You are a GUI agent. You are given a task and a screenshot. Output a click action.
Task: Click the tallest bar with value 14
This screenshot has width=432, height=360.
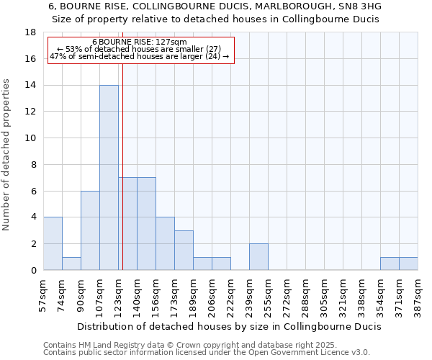tap(109, 177)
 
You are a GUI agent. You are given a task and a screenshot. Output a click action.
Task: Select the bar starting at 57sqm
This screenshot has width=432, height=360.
tap(53, 243)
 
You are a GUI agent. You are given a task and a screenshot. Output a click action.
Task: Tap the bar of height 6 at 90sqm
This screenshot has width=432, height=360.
tap(90, 230)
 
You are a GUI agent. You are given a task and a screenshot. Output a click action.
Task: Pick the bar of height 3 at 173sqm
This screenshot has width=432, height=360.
tap(184, 250)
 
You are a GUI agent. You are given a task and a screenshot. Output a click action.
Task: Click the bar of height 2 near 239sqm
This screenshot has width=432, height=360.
tap(258, 256)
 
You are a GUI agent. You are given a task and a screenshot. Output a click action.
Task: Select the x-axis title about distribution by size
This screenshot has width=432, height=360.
tap(228, 326)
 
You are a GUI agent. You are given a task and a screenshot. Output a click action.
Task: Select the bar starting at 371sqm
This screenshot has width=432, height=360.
tap(408, 264)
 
